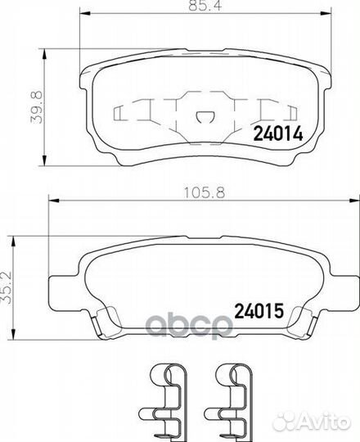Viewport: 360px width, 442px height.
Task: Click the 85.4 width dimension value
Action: (205, 6)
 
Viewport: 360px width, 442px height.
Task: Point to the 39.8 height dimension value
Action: (37, 107)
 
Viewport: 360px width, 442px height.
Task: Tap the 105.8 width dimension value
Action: (205, 193)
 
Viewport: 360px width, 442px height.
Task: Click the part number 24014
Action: (278, 133)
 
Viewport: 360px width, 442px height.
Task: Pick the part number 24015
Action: (259, 311)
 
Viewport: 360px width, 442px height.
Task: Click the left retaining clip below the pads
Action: (164, 402)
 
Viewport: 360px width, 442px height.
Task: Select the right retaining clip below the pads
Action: (229, 402)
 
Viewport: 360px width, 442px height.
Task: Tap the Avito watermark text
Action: (323, 422)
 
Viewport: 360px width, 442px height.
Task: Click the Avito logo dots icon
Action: (284, 422)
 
